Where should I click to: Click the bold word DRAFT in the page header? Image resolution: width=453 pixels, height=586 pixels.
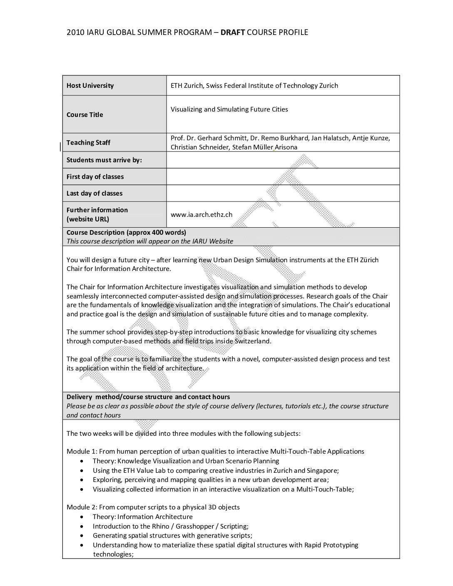tap(233, 32)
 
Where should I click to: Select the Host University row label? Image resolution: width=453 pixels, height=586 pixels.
tap(90, 86)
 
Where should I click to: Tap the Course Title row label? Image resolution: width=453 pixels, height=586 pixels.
tap(85, 115)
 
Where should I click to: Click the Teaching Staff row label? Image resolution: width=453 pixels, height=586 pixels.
tap(88, 143)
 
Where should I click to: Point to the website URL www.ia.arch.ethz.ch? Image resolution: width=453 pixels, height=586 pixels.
tap(202, 215)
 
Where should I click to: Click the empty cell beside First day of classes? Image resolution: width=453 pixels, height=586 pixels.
tap(283, 177)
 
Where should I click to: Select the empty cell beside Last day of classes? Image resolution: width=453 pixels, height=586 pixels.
tap(283, 194)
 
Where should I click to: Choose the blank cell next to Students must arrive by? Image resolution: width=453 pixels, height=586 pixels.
tap(283, 160)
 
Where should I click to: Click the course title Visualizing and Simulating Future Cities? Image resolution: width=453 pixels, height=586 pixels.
tap(229, 109)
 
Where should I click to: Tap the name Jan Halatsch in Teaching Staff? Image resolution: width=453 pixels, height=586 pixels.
tap(331, 138)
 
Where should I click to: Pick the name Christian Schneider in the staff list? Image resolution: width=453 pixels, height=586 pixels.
tap(199, 147)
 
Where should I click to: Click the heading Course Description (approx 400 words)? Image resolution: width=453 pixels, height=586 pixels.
tap(126, 233)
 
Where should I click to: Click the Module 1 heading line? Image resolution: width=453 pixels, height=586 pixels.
tap(215, 452)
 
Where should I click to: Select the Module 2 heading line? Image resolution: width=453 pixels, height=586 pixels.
tap(153, 507)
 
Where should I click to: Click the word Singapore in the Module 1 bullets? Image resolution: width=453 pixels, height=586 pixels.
tap(322, 471)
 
